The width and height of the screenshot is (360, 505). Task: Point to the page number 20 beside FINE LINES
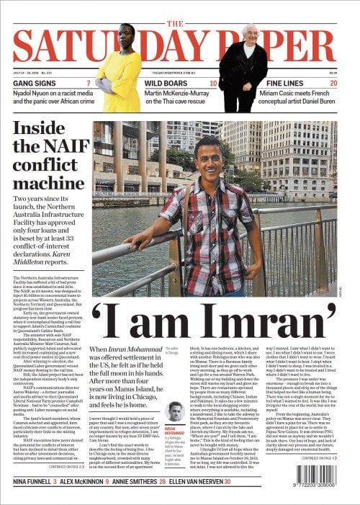click(x=333, y=84)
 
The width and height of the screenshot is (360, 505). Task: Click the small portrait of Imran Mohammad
click(x=173, y=412)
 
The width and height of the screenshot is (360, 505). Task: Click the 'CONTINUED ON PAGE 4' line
click(x=318, y=457)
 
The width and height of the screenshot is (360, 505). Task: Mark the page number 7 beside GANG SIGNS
click(x=89, y=84)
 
